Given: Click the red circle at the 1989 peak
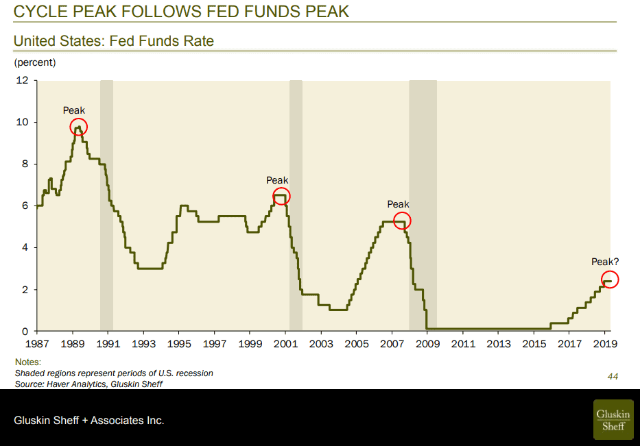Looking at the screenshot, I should tap(79, 127).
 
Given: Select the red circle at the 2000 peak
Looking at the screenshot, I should tap(281, 196).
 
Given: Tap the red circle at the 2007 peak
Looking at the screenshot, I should tap(402, 221).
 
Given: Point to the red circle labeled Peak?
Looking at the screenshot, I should tap(610, 280).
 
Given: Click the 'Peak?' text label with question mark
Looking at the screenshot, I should tap(605, 262).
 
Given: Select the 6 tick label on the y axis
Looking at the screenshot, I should tap(25, 206).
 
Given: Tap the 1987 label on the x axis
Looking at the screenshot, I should tap(37, 343).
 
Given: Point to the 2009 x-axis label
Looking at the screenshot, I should tap(428, 343).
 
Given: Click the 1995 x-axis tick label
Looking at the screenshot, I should tap(179, 343).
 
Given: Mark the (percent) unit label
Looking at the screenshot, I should tap(35, 62).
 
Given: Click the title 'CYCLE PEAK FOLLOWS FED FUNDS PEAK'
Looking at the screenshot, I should tap(182, 12).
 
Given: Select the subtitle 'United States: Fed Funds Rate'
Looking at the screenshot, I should tap(114, 41).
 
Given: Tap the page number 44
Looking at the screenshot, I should tap(613, 376).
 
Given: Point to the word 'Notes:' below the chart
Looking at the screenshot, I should tap(28, 362).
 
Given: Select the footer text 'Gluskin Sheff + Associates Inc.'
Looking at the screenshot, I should tap(90, 420).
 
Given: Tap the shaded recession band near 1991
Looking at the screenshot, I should tap(106, 206).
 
